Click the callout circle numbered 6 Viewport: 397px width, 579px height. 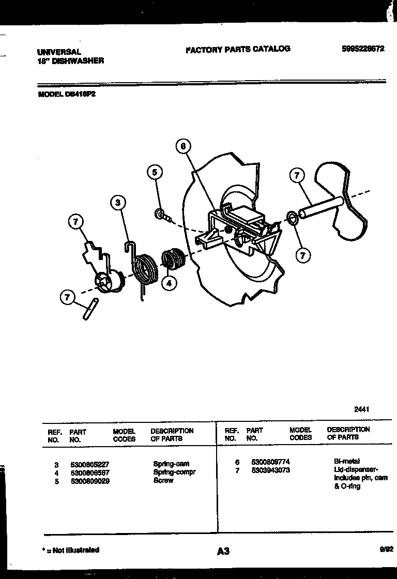click(182, 146)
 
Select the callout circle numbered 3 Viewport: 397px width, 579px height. click(118, 203)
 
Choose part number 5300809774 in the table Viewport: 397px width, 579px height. click(270, 461)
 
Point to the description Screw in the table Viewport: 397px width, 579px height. click(163, 480)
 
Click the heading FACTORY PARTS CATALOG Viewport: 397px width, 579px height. click(238, 49)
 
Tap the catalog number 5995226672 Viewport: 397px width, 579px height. click(363, 49)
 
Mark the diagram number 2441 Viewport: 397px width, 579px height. click(361, 409)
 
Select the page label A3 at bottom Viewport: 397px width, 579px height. click(223, 552)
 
